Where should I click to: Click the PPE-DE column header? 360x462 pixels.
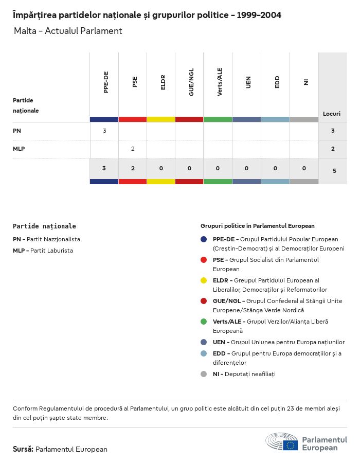coord(106,83)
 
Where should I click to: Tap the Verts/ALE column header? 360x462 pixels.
coord(220,82)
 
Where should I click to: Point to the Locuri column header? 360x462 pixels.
coord(332,113)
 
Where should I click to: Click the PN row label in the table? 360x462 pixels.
coord(17,131)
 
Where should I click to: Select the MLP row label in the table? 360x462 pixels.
coord(19,149)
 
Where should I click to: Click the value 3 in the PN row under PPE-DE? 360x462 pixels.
coord(104,131)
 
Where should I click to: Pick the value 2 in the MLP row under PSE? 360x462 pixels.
coord(133,149)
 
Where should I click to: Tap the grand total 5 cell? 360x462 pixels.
coord(334,170)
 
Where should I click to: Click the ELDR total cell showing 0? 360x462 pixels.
coord(161,168)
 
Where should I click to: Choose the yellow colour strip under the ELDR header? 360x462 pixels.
coord(161,119)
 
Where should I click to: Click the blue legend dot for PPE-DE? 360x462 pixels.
coord(204,239)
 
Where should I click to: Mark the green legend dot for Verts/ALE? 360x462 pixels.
coord(204,322)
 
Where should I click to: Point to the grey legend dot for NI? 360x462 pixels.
coord(204,374)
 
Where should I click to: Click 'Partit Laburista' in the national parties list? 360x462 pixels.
coord(51,251)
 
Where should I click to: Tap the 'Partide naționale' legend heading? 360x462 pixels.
coord(44,226)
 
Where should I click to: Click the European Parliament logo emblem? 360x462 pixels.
coord(282,441)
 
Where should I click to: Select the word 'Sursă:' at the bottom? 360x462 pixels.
coord(23,449)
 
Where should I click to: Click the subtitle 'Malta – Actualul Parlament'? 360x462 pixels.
coord(68,31)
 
